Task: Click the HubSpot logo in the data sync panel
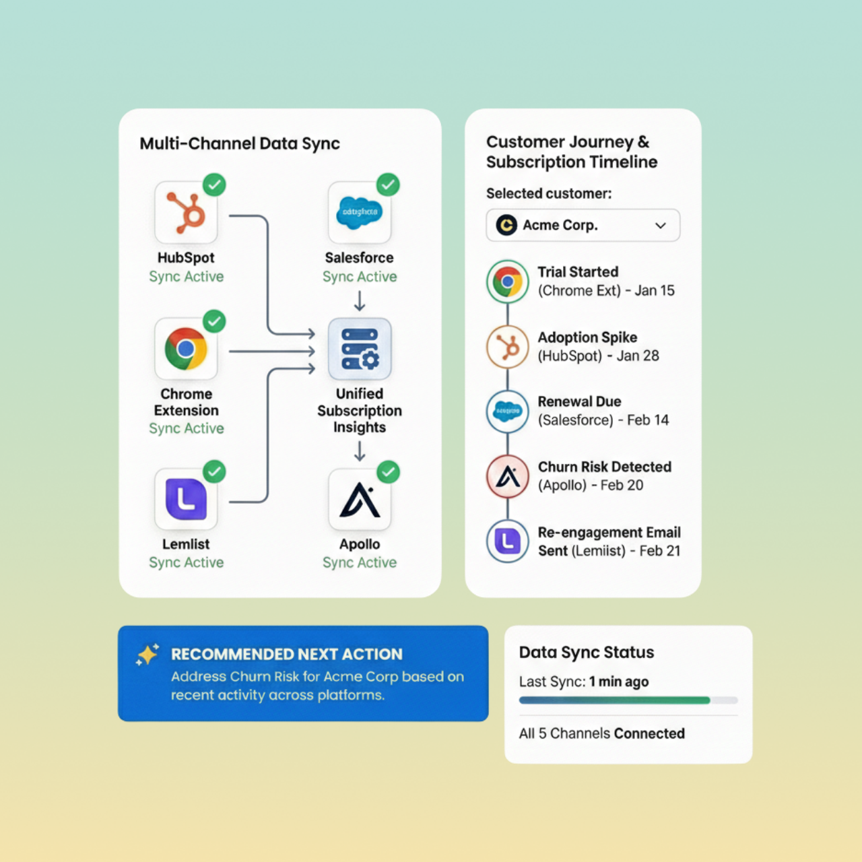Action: [x=186, y=213]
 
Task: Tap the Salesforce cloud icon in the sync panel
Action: [x=360, y=212]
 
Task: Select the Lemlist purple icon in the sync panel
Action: [x=186, y=499]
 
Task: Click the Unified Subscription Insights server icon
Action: [x=360, y=349]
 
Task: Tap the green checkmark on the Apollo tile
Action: [x=388, y=472]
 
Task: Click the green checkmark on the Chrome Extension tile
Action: [x=214, y=322]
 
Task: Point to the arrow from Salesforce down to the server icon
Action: [x=360, y=300]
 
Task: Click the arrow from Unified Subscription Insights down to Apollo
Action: [x=360, y=451]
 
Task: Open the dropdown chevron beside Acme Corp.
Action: [x=661, y=226]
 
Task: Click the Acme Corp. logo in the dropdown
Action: [x=506, y=225]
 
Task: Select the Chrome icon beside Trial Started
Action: [x=508, y=281]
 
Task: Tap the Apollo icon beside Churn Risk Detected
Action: [x=508, y=477]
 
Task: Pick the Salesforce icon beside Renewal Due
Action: [x=508, y=411]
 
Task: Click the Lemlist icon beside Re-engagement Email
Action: [x=508, y=541]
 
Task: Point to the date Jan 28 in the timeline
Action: [x=638, y=356]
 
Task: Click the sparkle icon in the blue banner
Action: [x=147, y=655]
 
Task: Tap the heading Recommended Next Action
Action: [x=286, y=654]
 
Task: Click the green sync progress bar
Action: [x=614, y=700]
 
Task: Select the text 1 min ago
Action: [x=619, y=682]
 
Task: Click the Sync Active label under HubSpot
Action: [x=186, y=277]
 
